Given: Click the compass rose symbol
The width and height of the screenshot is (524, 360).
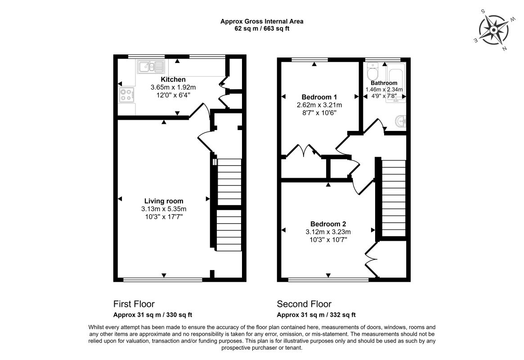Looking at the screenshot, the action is [x=494, y=30].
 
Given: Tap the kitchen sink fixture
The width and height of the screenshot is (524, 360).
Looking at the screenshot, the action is [x=151, y=67].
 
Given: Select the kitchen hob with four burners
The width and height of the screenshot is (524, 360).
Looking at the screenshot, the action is [x=127, y=94].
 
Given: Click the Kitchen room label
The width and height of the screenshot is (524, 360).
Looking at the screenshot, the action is [x=173, y=80].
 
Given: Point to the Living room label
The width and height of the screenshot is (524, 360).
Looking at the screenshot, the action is [x=164, y=201].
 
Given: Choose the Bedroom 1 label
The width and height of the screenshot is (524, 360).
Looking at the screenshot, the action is [x=319, y=97].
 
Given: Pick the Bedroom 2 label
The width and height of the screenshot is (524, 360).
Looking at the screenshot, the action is [x=328, y=224].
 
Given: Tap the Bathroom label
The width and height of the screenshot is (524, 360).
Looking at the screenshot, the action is [x=384, y=83].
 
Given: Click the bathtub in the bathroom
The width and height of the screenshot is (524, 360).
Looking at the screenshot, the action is [x=396, y=82].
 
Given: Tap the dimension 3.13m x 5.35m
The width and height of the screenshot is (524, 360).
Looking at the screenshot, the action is [x=164, y=209].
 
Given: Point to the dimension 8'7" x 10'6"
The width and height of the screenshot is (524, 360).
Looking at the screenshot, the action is [x=319, y=113].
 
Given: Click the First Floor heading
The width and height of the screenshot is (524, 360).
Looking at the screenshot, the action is [x=134, y=304].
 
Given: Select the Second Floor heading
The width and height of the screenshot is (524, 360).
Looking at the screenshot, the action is [x=304, y=304].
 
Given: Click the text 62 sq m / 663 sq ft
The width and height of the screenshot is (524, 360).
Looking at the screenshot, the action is [x=262, y=29].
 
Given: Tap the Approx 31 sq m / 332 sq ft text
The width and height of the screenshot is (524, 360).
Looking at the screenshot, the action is [x=316, y=315].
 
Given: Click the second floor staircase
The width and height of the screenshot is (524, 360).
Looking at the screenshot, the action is [x=394, y=198].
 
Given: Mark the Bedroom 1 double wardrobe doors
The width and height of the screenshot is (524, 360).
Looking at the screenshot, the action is [x=304, y=150].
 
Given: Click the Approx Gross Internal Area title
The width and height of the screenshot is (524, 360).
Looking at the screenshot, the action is [x=262, y=22].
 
